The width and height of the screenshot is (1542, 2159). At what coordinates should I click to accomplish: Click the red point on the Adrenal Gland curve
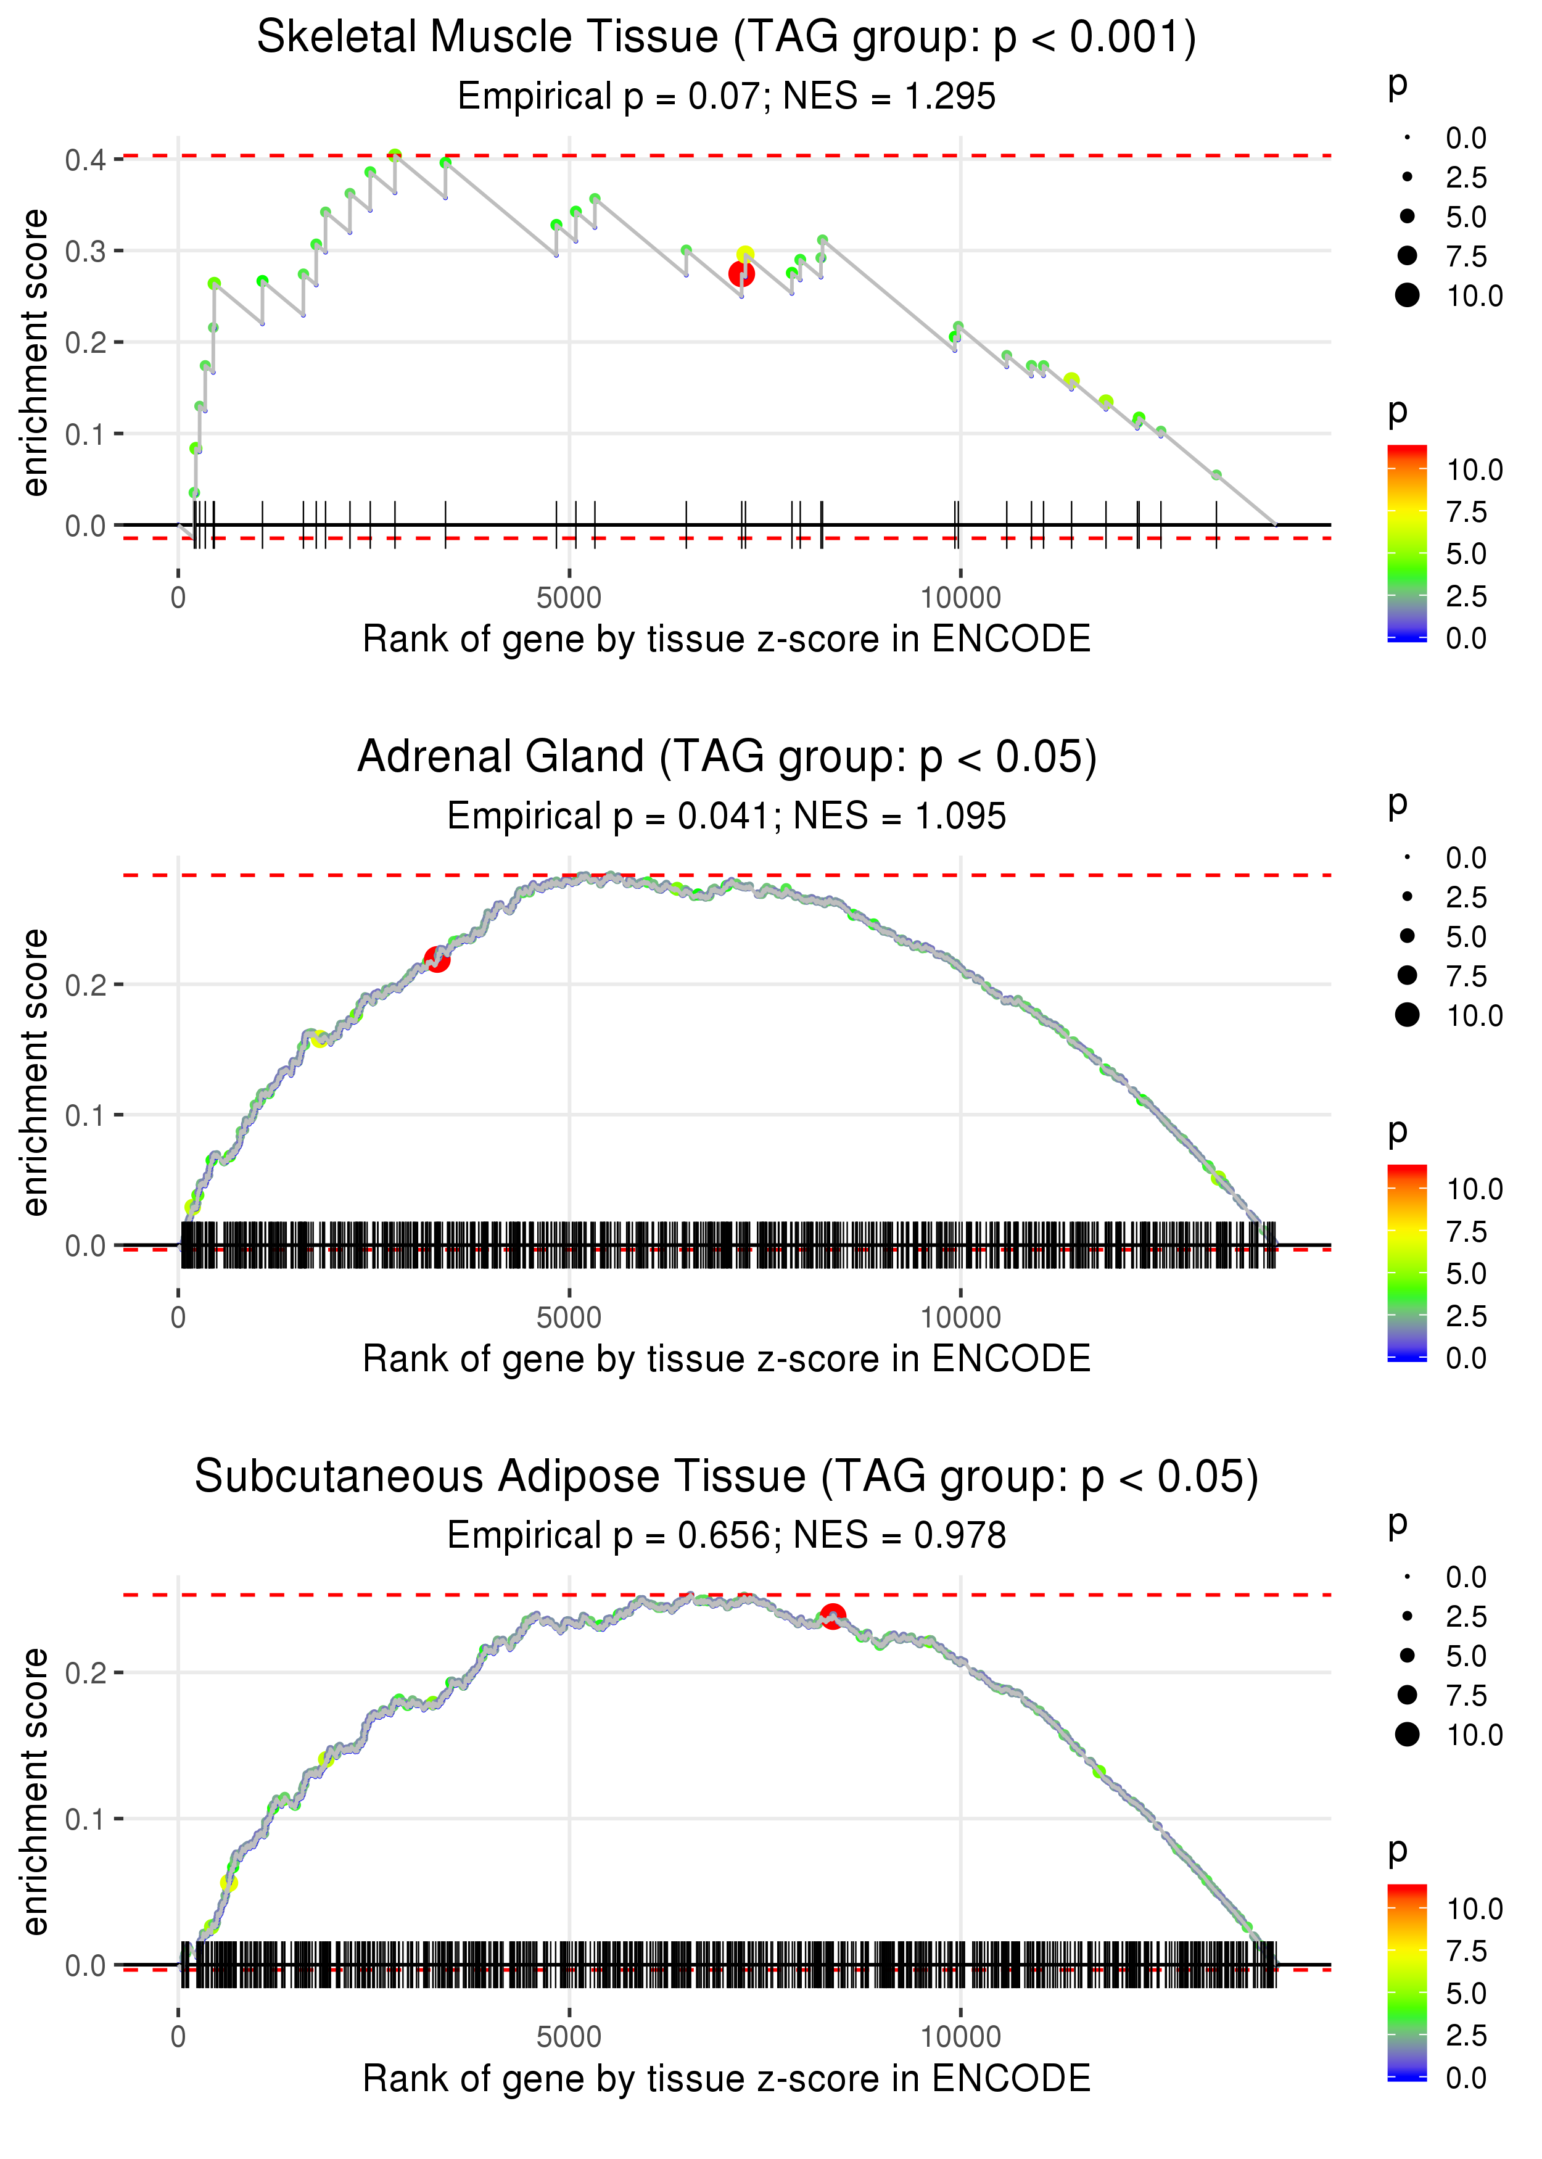coord(437,960)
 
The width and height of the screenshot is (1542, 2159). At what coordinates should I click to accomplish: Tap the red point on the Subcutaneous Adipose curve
coord(833,1616)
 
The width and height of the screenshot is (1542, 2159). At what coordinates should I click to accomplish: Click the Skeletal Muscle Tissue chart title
coord(727,38)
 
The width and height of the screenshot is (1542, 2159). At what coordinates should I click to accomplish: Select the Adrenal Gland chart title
coord(727,758)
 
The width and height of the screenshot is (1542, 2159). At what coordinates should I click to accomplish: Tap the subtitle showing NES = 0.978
coord(727,1535)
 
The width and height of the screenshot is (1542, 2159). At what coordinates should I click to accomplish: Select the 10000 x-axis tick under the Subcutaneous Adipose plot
coord(960,2037)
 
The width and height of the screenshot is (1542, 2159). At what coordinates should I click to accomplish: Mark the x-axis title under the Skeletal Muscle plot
coord(727,639)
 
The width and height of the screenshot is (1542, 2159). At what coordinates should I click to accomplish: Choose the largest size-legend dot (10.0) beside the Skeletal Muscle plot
coord(1407,295)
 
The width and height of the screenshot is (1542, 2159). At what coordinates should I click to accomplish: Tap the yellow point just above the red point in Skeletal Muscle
coord(745,254)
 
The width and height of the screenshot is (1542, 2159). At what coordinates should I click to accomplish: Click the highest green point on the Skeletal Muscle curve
coord(395,155)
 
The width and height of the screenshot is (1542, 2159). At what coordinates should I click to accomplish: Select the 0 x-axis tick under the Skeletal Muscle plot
coord(178,598)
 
